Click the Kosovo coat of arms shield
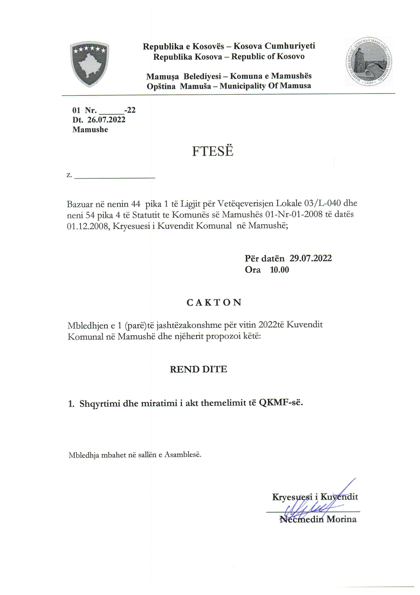89,64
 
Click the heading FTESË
213,151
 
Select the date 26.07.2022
106,120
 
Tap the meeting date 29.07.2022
311,258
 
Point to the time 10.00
279,270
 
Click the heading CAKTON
214,303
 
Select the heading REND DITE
198,369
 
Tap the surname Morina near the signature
341,519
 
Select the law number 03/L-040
322,204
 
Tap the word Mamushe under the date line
90,130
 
